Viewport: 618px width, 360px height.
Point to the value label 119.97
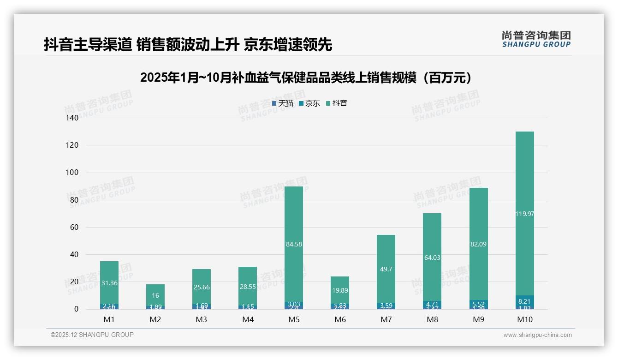pos(524,214)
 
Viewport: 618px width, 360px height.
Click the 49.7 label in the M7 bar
pos(386,269)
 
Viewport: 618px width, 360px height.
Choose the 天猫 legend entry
pos(283,103)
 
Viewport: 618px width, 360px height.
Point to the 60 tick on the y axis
pos(73,227)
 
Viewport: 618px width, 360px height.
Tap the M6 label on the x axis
pos(340,319)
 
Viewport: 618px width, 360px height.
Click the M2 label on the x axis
pos(155,319)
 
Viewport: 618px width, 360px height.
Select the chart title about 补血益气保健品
pos(307,78)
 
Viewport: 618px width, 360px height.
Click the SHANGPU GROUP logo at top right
pos(536,39)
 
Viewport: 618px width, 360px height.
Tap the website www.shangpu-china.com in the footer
pos(537,335)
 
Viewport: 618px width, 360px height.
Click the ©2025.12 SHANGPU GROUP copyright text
pos(92,335)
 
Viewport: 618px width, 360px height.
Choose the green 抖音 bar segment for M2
pos(155,293)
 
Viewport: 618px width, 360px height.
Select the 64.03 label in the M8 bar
pos(432,258)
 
